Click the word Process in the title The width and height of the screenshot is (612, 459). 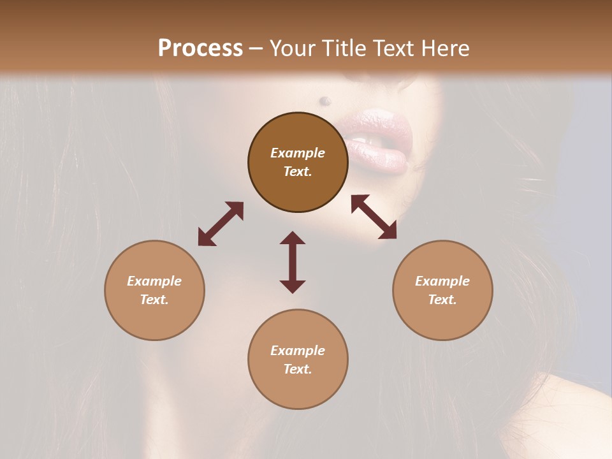[200, 48]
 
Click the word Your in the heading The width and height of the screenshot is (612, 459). [293, 48]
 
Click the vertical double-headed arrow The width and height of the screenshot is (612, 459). [293, 262]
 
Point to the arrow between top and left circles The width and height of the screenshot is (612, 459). [221, 224]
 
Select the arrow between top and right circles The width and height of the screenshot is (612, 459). [374, 217]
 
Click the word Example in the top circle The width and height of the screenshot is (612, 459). [298, 153]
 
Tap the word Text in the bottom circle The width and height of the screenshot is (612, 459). [298, 369]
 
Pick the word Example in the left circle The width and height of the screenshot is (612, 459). [154, 281]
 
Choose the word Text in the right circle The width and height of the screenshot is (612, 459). [442, 300]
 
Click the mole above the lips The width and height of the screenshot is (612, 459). [324, 100]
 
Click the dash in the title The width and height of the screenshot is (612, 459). [256, 48]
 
